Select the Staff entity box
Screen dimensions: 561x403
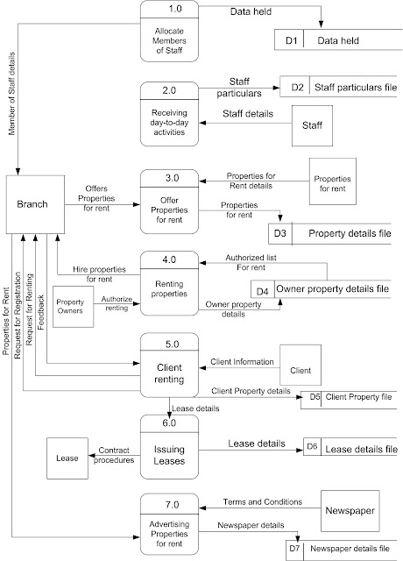[x=313, y=126]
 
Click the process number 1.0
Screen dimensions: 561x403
[x=170, y=11]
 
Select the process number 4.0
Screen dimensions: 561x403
[x=170, y=259]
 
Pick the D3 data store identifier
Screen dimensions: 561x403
[x=280, y=234]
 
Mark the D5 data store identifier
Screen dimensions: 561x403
[x=314, y=397]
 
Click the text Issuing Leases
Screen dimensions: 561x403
[x=170, y=464]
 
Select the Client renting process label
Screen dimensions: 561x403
[x=170, y=374]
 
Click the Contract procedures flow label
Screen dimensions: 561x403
[x=114, y=453]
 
